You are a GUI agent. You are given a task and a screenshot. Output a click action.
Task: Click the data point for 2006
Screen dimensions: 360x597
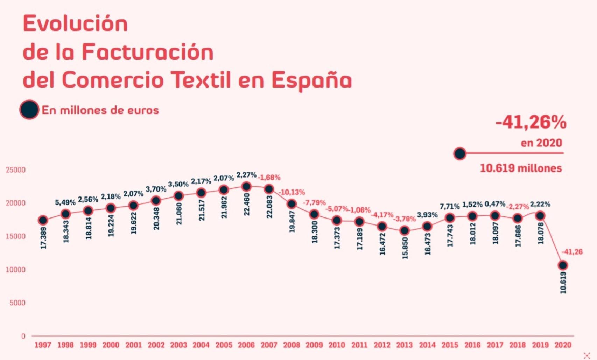pos(246,186)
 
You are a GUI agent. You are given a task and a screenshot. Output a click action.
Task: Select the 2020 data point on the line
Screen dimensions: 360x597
pos(563,265)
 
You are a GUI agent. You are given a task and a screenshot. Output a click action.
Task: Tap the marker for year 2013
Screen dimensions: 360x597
pos(405,230)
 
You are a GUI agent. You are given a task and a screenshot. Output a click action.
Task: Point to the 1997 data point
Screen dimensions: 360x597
pos(43,220)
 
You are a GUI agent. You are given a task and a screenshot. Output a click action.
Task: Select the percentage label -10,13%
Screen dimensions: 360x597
pos(292,192)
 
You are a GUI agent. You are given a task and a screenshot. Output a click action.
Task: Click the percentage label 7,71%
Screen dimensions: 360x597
pos(450,206)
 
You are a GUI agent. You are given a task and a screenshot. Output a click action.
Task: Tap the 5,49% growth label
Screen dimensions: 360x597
pos(65,202)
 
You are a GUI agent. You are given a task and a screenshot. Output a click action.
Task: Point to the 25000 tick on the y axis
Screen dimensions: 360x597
pos(16,170)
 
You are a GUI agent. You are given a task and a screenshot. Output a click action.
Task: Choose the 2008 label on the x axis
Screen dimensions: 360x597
pos(292,345)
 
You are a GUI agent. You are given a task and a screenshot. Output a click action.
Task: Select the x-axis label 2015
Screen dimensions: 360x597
pos(450,345)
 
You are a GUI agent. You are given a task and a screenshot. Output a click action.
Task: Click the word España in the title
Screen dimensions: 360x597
pos(311,80)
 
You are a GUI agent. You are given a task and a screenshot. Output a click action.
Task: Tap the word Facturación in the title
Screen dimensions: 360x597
pos(148,52)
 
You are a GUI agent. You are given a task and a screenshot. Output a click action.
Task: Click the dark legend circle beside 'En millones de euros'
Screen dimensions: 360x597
pos(29,110)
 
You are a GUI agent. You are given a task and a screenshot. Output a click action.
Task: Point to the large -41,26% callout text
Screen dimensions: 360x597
pos(531,122)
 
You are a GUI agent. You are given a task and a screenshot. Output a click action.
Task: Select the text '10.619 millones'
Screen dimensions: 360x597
pos(521,168)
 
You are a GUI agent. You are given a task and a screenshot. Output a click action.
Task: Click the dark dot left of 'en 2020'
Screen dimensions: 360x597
pos(460,153)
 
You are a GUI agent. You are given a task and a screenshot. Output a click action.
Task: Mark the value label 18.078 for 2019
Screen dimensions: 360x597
pos(541,233)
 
